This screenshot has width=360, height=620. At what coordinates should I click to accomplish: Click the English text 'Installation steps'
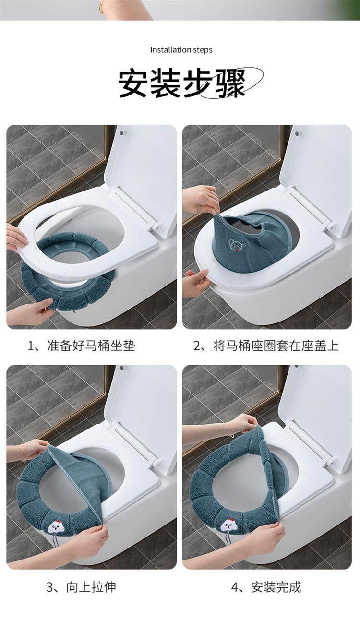(181, 50)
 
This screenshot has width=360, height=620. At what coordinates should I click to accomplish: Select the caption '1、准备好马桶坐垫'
(82, 346)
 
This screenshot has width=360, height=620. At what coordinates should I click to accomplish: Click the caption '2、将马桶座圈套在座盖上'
(266, 346)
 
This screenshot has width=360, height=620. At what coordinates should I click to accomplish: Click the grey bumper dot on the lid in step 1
(121, 132)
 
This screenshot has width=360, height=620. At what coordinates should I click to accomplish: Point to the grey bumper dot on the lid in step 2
(297, 133)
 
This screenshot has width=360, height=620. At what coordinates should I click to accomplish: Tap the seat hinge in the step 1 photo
(156, 226)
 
